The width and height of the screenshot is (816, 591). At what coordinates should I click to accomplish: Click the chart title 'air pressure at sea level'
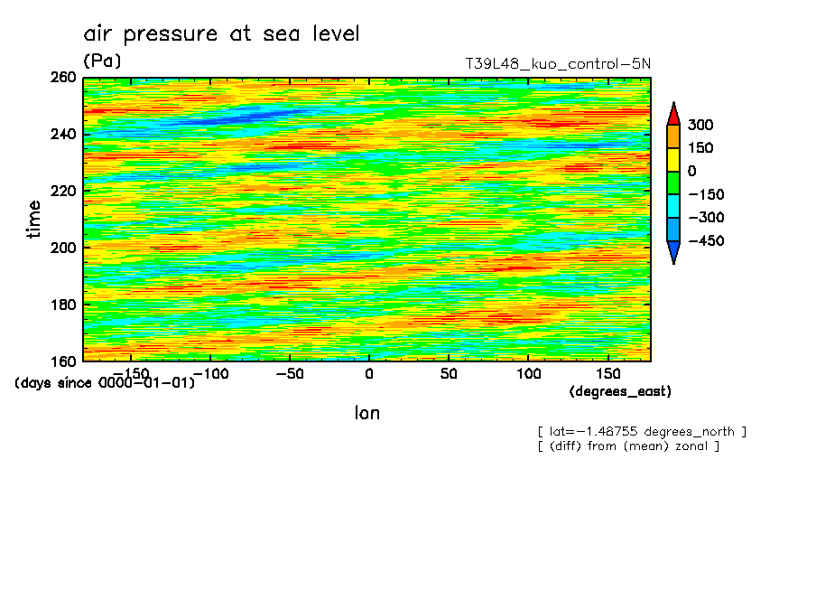(221, 34)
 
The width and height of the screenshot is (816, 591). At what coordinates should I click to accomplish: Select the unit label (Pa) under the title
(102, 61)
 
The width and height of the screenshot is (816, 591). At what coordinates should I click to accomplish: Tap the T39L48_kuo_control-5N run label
(557, 64)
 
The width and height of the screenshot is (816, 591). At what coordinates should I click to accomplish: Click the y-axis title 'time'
(34, 219)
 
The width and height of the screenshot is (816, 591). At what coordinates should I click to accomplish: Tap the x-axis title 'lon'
(366, 414)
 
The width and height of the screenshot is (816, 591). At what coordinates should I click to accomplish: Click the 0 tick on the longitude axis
(368, 373)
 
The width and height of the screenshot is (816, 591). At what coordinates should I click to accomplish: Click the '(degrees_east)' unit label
(620, 391)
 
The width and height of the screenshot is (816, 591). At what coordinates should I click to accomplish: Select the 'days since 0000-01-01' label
(105, 383)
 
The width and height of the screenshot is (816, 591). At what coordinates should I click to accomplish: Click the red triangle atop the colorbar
(673, 113)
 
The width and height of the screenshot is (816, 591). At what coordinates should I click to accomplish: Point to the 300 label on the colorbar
(700, 125)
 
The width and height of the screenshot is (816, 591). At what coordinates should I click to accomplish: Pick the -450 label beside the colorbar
(704, 241)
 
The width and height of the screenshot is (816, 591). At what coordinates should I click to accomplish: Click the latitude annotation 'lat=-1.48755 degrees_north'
(642, 431)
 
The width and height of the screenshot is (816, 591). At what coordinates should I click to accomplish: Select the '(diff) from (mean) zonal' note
(628, 446)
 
